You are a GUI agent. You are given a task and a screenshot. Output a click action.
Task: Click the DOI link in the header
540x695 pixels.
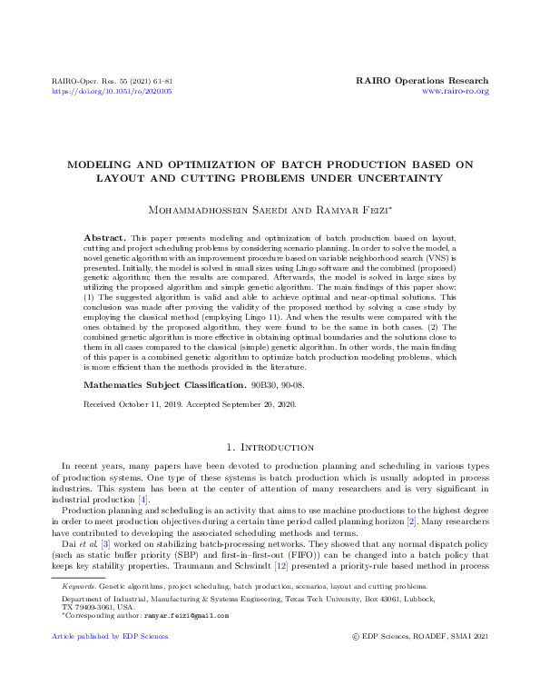(x=113, y=92)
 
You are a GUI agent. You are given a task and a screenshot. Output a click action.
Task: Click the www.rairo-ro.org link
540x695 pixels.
(x=456, y=92)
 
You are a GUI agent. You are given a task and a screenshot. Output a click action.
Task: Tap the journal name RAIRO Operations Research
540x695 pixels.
(x=424, y=81)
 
